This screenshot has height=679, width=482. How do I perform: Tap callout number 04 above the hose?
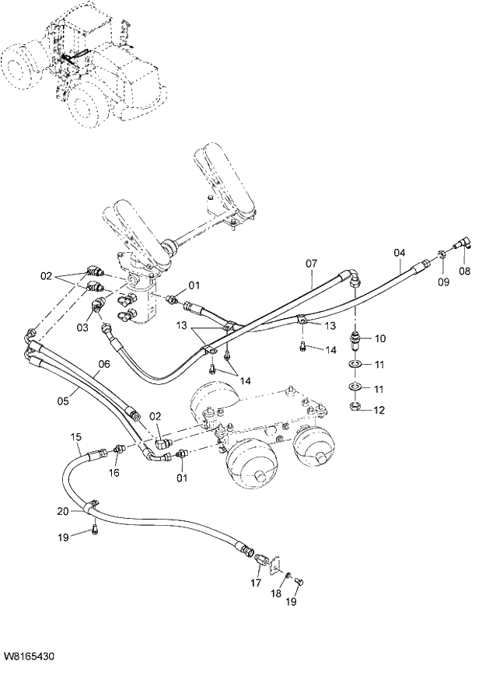click(399, 254)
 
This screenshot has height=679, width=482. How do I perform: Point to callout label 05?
click(64, 401)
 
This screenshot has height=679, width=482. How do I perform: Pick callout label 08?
click(465, 271)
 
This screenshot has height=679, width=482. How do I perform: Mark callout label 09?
click(442, 282)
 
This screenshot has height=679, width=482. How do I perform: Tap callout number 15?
click(76, 438)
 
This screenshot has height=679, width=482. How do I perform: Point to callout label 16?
click(114, 472)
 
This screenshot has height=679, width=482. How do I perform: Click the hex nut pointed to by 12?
click(354, 405)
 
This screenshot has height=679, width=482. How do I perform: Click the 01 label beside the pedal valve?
click(194, 285)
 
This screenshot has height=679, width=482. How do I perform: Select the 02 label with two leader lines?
click(47, 275)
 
